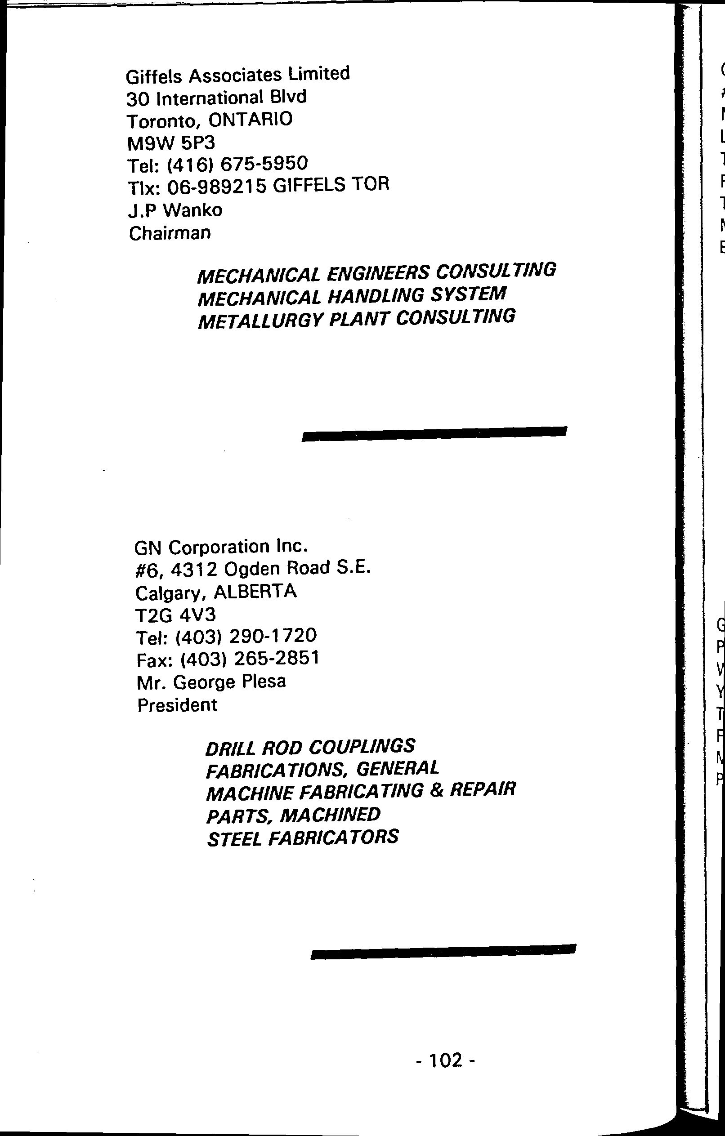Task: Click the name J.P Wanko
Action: tap(175, 210)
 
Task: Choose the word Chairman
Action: tap(170, 233)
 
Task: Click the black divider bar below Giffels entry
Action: tap(434, 433)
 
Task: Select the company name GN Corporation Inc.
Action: tap(221, 547)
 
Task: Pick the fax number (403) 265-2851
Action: tap(250, 658)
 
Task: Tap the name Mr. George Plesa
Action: tap(211, 682)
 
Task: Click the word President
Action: tap(177, 705)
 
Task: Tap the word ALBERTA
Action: tap(255, 592)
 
